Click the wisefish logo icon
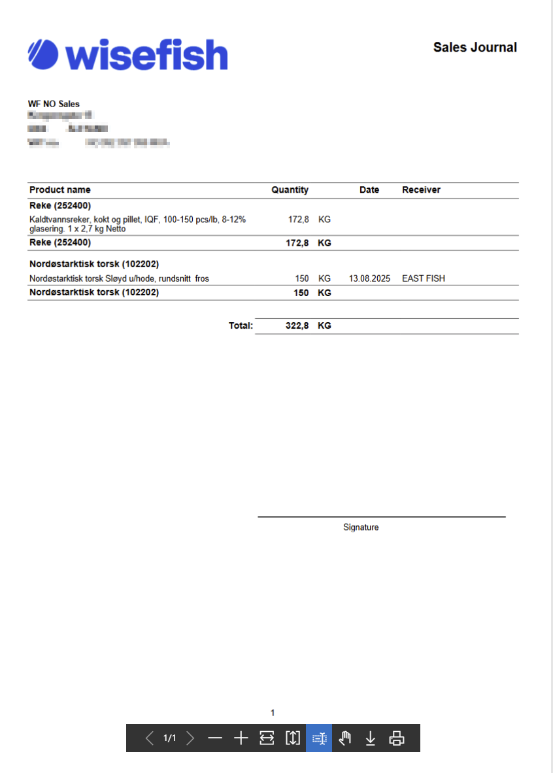43,54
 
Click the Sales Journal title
475,47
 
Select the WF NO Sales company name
54,104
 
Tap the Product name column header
60,190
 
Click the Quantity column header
290,190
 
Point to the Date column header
369,190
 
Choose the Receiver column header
421,190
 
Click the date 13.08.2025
369,278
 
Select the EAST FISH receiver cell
424,278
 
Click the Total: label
241,325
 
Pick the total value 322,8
297,325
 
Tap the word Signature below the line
361,527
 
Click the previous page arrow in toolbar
150,738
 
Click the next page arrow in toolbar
190,738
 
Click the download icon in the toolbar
371,738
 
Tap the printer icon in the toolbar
397,738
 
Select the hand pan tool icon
345,738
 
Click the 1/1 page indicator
170,738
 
